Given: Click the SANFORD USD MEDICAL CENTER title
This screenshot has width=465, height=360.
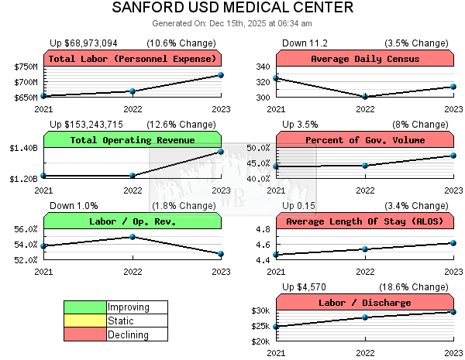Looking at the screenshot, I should point(232,9).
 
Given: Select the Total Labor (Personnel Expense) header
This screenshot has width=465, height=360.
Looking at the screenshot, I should point(133,59).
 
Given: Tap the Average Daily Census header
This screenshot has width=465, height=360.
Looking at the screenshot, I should point(365,59).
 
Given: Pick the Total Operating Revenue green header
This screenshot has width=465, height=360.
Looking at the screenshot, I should point(133,140).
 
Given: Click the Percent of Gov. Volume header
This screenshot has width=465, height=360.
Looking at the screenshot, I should point(365,140).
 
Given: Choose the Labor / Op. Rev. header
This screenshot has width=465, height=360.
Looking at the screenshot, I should point(133,221).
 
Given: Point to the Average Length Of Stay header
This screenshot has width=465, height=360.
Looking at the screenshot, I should point(365,221).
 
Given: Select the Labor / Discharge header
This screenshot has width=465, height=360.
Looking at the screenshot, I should point(365,303).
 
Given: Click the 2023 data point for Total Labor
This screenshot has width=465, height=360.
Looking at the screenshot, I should point(221,75).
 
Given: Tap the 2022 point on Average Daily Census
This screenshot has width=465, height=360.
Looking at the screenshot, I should point(365,97).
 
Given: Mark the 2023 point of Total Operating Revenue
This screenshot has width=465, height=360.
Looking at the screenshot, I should point(221,152).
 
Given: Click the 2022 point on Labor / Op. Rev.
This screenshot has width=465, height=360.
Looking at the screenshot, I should point(133,237).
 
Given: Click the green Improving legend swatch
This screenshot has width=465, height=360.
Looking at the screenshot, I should point(85,307).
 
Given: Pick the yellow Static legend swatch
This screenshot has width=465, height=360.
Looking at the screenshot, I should point(85,321).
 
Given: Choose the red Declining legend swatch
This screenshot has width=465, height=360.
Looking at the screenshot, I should point(85,334).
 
